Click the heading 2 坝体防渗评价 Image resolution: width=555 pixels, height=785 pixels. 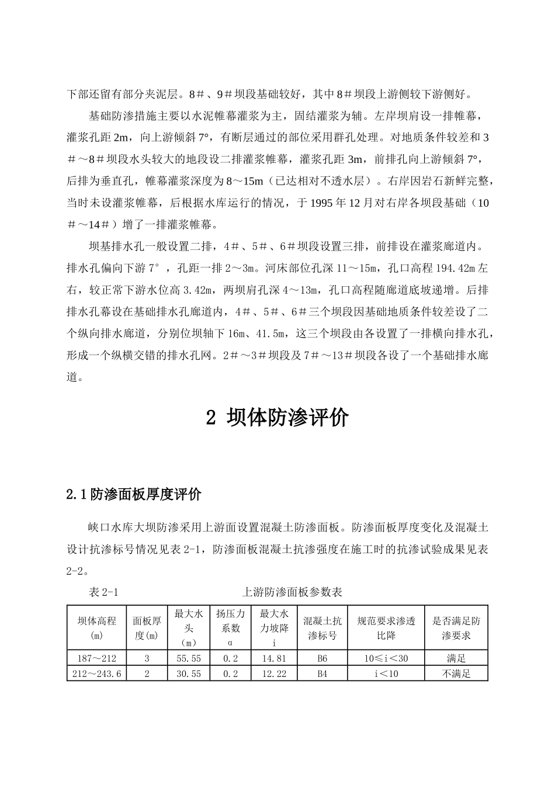pyautogui.click(x=277, y=418)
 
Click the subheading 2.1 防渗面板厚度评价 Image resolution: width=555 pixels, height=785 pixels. pyautogui.click(x=134, y=495)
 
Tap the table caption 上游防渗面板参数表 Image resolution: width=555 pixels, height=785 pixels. pyautogui.click(x=292, y=592)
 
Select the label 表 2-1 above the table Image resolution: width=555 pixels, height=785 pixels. pyautogui.click(x=103, y=592)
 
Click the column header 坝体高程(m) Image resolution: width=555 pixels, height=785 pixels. pyautogui.click(x=97, y=628)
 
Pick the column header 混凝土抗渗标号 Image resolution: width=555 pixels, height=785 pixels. pyautogui.click(x=322, y=628)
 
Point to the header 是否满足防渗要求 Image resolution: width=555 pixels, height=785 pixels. pyautogui.click(x=456, y=628)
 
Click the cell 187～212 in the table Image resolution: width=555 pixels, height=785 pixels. pyautogui.click(x=97, y=658)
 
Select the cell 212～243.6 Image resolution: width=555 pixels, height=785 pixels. pyautogui.click(x=97, y=673)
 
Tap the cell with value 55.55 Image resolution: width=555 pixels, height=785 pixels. pyautogui.click(x=188, y=658)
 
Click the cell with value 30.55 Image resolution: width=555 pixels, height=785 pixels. pyautogui.click(x=188, y=673)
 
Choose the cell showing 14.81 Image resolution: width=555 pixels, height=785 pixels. pyautogui.click(x=274, y=658)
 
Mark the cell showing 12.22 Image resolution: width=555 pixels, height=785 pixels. pyautogui.click(x=274, y=673)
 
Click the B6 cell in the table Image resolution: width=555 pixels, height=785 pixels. pyautogui.click(x=322, y=658)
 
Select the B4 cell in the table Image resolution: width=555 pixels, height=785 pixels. pyautogui.click(x=322, y=673)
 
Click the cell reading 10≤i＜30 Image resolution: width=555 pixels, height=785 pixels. pyautogui.click(x=386, y=658)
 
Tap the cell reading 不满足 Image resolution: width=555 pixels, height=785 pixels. pyautogui.click(x=456, y=673)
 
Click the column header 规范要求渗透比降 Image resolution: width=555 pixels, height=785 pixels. pyautogui.click(x=386, y=628)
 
